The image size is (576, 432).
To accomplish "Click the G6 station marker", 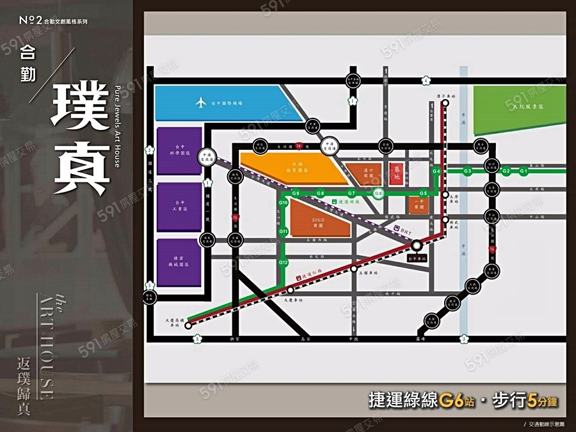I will (x=378, y=193).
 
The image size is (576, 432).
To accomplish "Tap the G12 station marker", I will (x=284, y=263).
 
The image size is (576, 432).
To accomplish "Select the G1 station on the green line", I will (x=524, y=171).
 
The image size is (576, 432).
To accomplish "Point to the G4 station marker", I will (x=436, y=172).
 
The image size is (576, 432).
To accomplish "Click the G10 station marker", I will (x=284, y=203).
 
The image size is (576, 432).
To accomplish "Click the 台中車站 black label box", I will (x=416, y=258).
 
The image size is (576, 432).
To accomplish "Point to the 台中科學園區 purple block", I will (x=180, y=151).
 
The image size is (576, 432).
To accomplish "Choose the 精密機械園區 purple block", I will (x=180, y=263).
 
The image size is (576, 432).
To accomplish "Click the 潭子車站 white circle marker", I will (x=445, y=102).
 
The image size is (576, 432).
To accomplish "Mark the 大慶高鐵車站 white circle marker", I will (x=188, y=325).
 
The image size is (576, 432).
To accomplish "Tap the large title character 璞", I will (x=80, y=105).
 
